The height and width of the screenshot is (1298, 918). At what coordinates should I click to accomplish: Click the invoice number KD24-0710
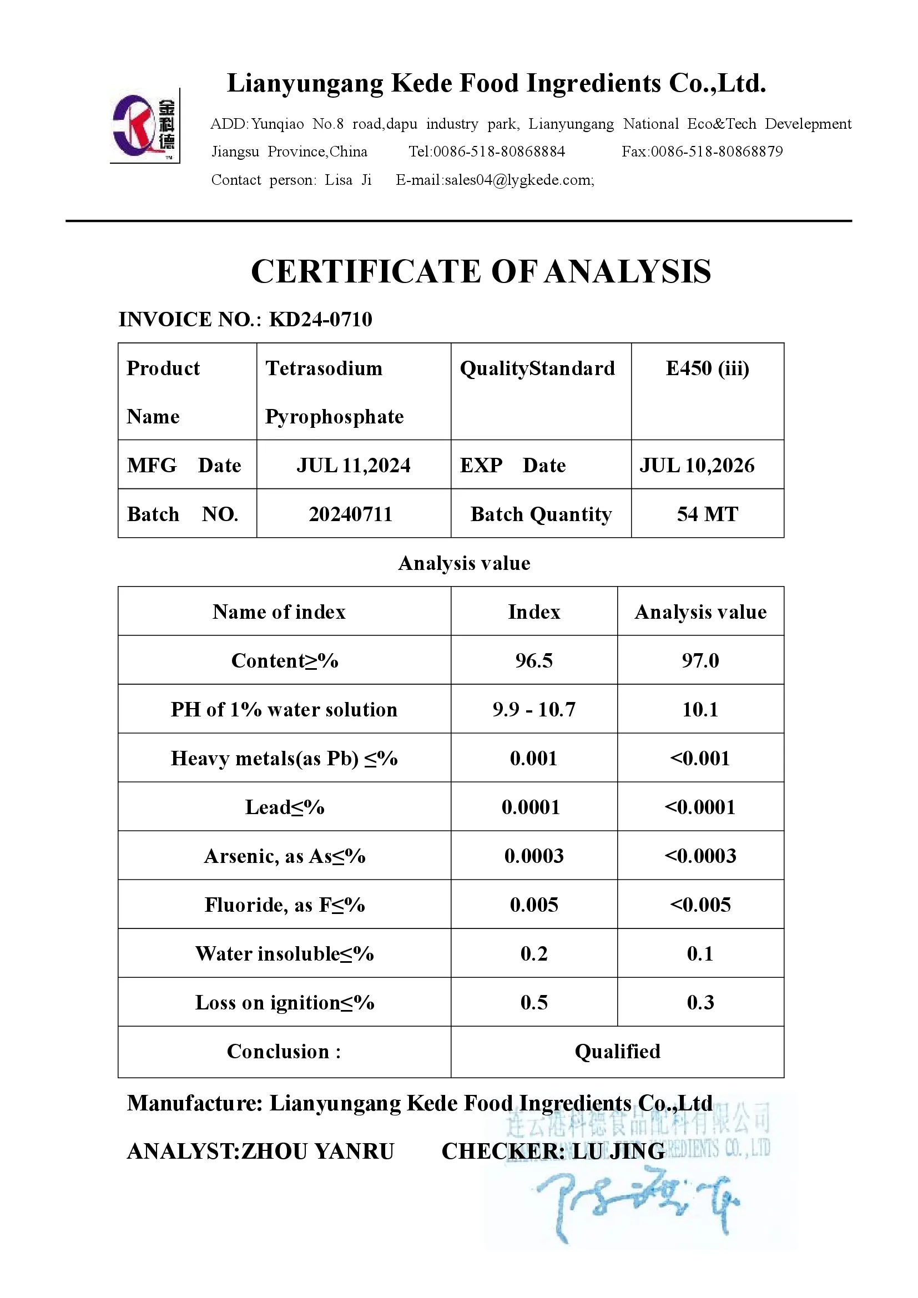[320, 320]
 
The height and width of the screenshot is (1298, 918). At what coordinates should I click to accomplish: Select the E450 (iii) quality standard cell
[707, 368]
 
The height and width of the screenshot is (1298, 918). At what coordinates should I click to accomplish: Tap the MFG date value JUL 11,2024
[354, 465]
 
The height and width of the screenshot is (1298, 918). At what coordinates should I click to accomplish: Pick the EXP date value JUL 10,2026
[697, 465]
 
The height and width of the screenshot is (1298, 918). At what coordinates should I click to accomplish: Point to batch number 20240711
[350, 514]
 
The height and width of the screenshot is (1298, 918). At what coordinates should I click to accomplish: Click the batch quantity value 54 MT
[707, 514]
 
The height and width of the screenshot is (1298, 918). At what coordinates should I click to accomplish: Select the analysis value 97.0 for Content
[700, 660]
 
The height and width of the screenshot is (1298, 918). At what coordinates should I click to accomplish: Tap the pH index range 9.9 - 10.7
[533, 710]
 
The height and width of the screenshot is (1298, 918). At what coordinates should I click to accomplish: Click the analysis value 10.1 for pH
[700, 710]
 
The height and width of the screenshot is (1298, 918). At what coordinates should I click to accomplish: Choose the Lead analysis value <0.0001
[700, 807]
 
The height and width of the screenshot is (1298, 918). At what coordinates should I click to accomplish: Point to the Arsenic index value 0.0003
[533, 856]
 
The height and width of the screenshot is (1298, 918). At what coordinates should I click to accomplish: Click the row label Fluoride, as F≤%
[284, 905]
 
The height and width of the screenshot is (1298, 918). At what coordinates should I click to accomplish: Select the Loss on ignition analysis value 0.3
[700, 1002]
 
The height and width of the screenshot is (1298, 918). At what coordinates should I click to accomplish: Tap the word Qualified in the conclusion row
[617, 1052]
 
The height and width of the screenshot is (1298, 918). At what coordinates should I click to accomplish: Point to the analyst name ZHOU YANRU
[317, 1151]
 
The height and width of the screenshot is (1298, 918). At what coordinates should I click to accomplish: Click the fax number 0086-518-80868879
[717, 151]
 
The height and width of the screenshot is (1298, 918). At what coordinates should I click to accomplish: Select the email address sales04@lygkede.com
[519, 180]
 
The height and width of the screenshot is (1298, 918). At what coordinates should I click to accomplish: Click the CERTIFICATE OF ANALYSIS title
[481, 271]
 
